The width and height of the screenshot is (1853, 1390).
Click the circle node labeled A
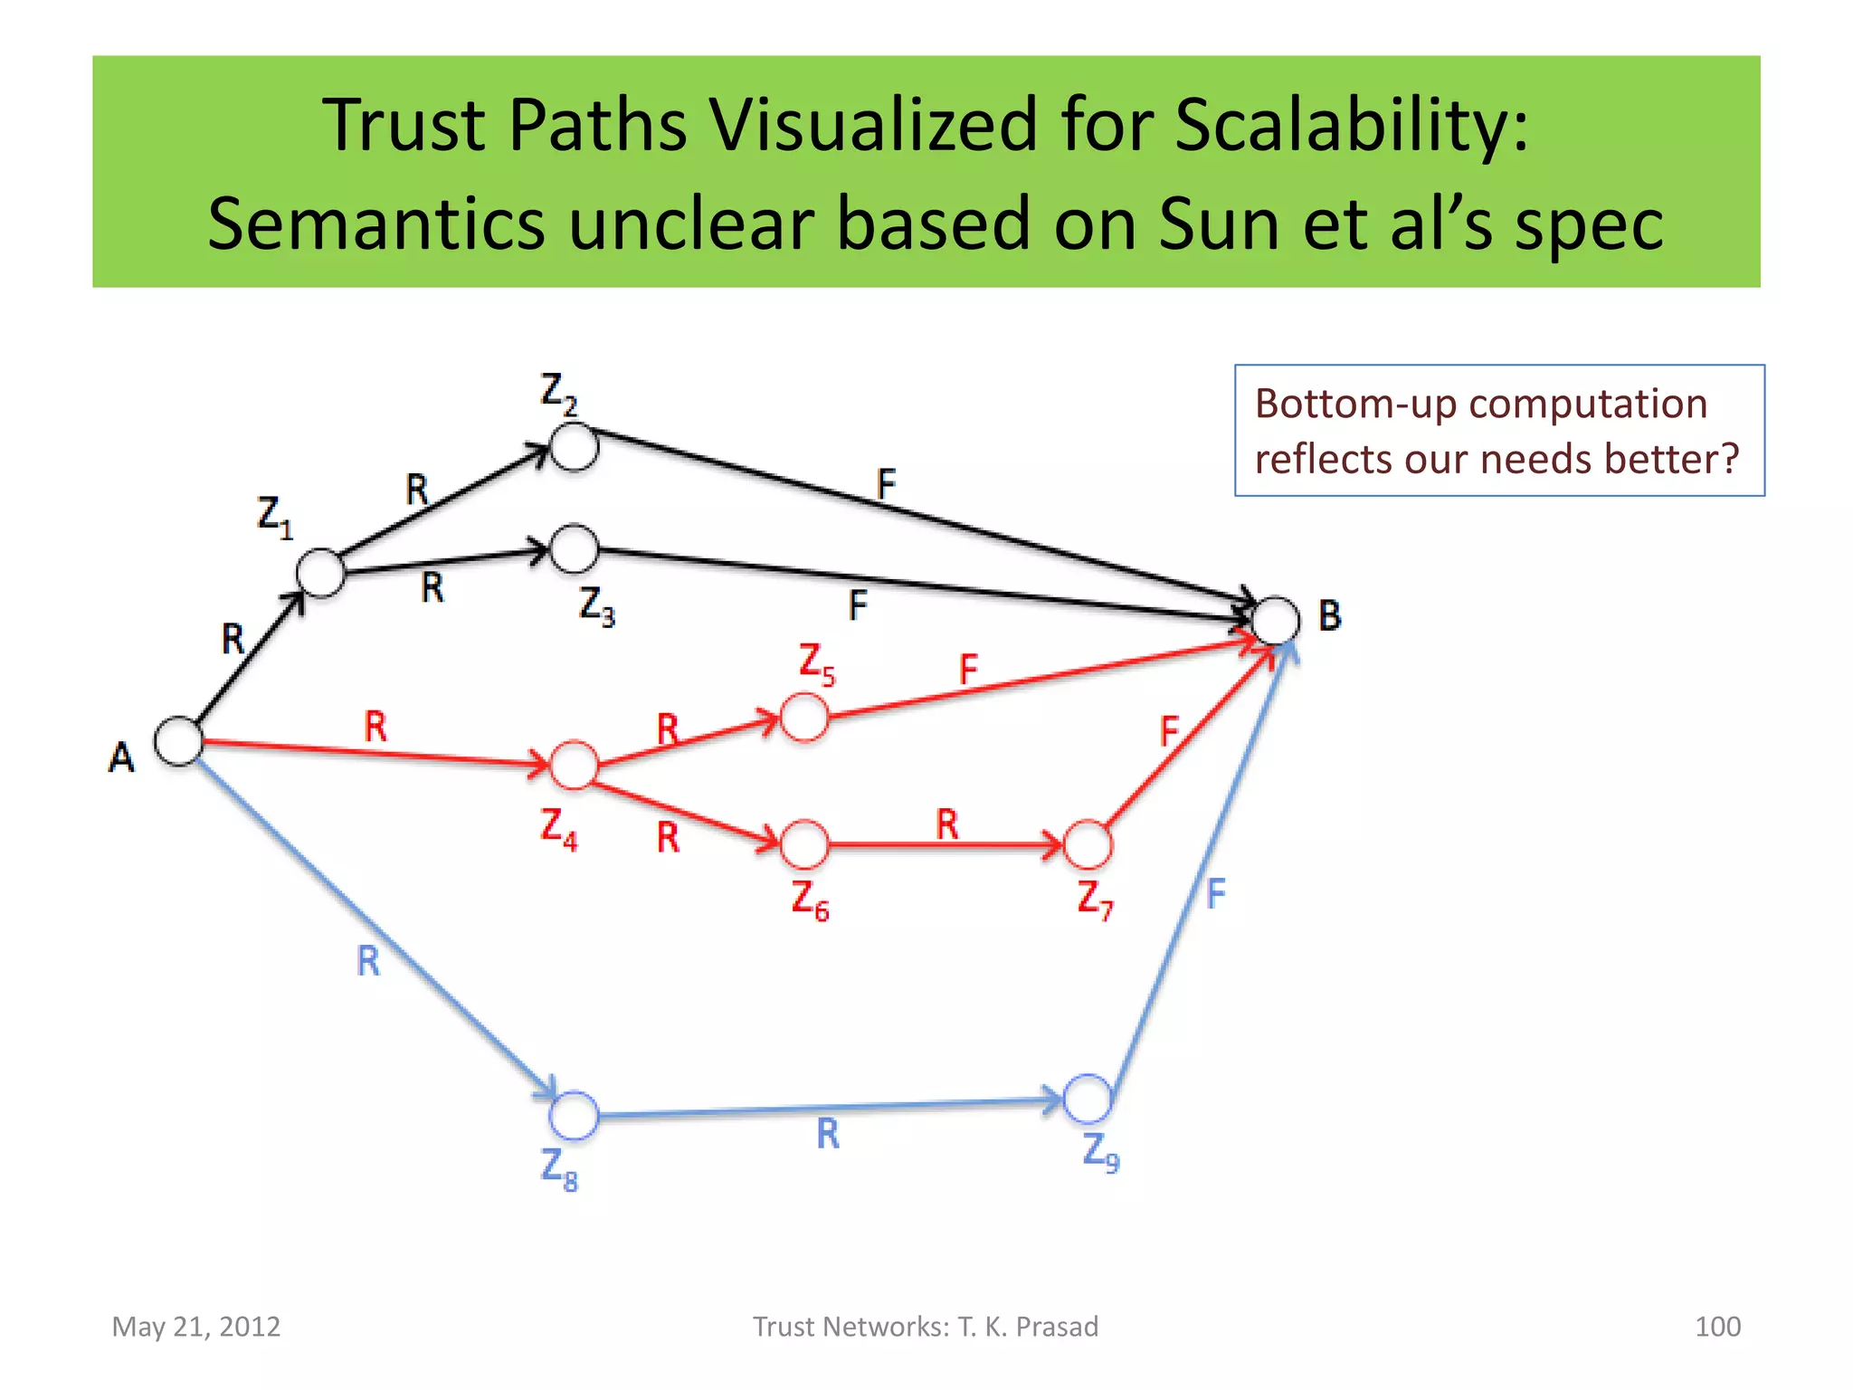(178, 741)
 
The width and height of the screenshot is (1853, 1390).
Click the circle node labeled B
(1276, 621)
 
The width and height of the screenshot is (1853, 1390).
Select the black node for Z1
(320, 573)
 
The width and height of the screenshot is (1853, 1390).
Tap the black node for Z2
(574, 447)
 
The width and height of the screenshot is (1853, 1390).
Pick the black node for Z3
(574, 548)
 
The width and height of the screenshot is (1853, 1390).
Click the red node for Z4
(574, 766)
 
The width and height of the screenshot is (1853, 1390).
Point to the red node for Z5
(803, 718)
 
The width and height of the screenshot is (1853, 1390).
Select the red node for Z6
(803, 845)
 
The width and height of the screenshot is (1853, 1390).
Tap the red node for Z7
(1088, 845)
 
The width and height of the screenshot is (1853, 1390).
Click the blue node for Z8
(574, 1115)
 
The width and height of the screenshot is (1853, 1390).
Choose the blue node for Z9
(1087, 1099)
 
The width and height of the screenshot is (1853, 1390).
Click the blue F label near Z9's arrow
(1215, 894)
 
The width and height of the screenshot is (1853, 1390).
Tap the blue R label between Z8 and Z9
(828, 1134)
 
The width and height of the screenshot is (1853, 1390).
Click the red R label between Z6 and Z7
(946, 824)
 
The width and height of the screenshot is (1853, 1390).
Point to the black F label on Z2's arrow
(886, 484)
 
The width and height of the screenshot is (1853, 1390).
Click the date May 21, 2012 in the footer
(195, 1327)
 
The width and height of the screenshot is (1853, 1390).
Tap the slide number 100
(1716, 1327)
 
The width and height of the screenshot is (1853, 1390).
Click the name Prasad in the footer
(1057, 1327)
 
